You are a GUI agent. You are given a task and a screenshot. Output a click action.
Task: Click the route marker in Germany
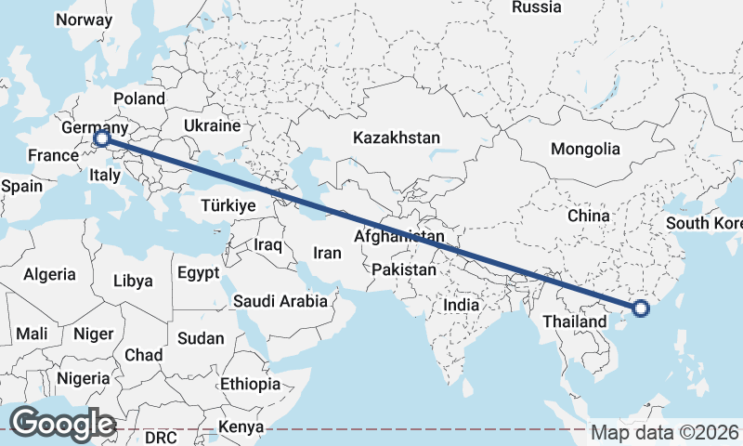coord(101,139)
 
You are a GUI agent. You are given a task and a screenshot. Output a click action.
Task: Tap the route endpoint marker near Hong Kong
coord(640,308)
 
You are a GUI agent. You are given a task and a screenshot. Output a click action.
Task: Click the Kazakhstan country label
coord(396,138)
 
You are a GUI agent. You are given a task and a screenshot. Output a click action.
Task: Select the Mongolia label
coord(585,149)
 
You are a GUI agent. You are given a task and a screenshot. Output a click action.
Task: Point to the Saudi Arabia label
coord(280,301)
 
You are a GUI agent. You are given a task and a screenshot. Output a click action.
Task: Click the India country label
coord(462,304)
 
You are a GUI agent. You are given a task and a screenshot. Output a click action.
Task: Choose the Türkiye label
coord(229,206)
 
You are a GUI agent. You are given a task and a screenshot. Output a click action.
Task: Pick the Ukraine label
coord(212,125)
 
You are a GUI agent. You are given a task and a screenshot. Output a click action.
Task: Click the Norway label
coord(84,20)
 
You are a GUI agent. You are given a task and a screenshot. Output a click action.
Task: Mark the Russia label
coord(537,7)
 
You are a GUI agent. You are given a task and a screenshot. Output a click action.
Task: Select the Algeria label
coord(49,274)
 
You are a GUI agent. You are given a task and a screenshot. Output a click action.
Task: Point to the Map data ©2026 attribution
coord(664,432)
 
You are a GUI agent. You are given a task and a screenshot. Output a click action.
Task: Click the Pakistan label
coord(404,270)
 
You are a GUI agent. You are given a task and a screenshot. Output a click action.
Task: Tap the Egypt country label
coord(198,273)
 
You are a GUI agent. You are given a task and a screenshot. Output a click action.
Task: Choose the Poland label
coord(139,98)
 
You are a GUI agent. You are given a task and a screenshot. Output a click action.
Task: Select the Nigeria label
coord(82,378)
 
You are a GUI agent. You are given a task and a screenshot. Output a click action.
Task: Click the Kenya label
coord(241,428)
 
